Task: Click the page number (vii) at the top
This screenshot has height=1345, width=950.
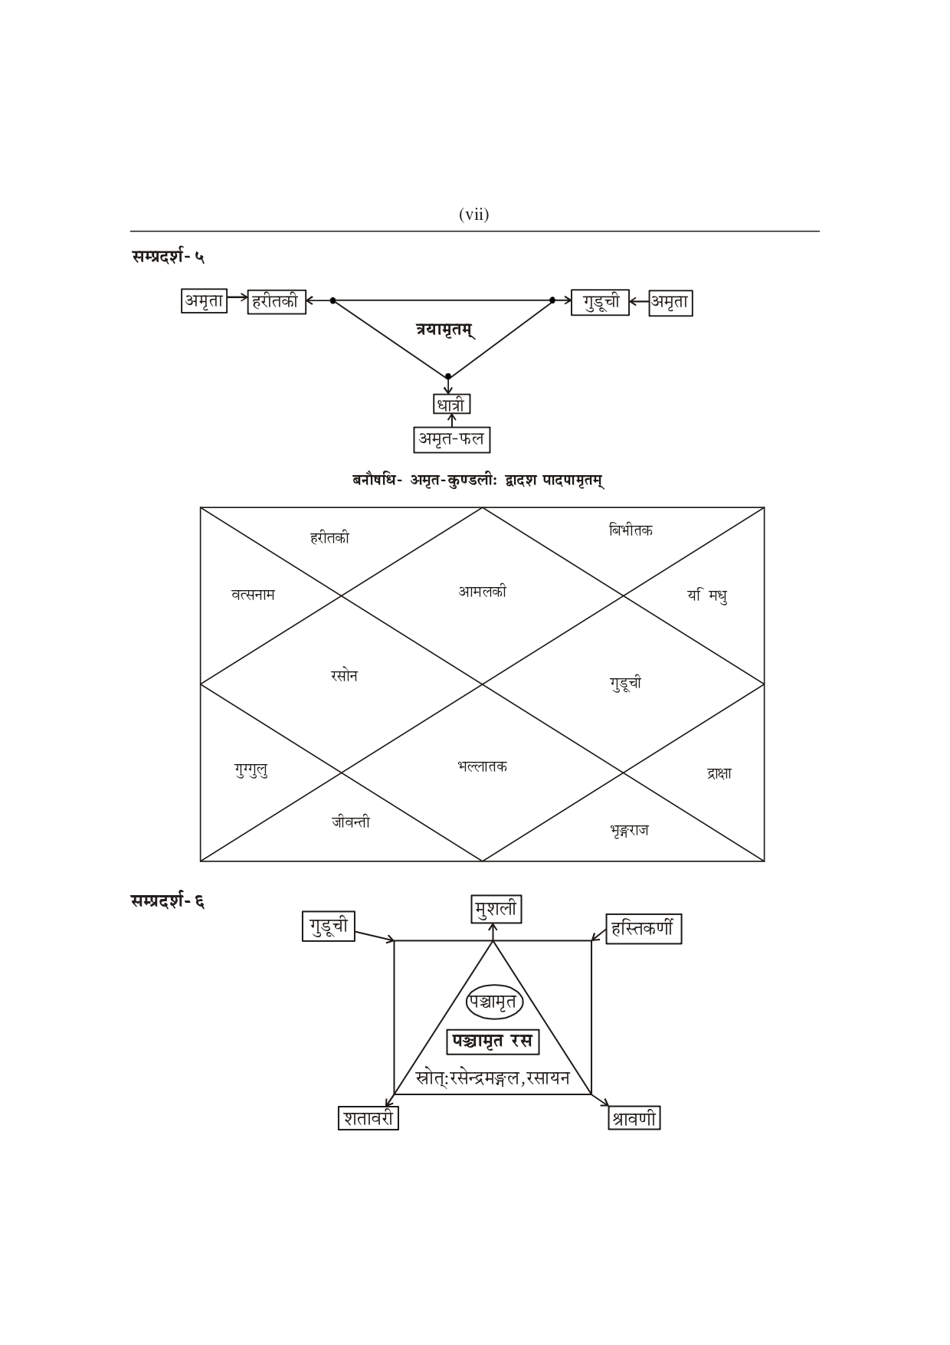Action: (x=473, y=215)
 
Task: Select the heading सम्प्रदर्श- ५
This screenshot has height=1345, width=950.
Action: (x=168, y=257)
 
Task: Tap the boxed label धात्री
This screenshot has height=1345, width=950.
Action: (x=450, y=404)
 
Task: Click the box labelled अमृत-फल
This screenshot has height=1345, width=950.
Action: (x=451, y=439)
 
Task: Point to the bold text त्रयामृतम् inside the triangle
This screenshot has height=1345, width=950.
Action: (x=444, y=330)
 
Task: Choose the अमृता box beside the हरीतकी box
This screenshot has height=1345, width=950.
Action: (x=204, y=301)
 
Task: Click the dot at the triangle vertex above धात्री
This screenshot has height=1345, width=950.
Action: (x=448, y=376)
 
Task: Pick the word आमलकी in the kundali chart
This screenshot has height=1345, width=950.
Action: (x=482, y=592)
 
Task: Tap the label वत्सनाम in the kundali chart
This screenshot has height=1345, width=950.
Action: (x=253, y=594)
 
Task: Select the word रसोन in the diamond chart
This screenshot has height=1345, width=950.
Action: (x=344, y=676)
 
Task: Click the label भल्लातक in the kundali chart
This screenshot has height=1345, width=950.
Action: (x=482, y=766)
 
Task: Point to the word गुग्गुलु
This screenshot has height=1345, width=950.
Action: (x=251, y=769)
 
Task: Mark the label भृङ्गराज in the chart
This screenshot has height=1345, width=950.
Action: (x=630, y=830)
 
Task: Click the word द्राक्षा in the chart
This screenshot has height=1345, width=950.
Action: (x=719, y=773)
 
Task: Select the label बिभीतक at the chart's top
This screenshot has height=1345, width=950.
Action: (x=631, y=530)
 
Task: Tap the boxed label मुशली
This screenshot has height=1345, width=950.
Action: (x=496, y=910)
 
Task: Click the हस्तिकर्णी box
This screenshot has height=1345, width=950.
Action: (x=643, y=929)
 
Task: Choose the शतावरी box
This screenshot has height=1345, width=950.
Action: (x=368, y=1118)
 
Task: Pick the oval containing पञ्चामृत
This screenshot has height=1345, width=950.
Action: (x=494, y=1002)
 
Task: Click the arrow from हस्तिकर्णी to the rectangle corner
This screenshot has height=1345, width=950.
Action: (x=598, y=935)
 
